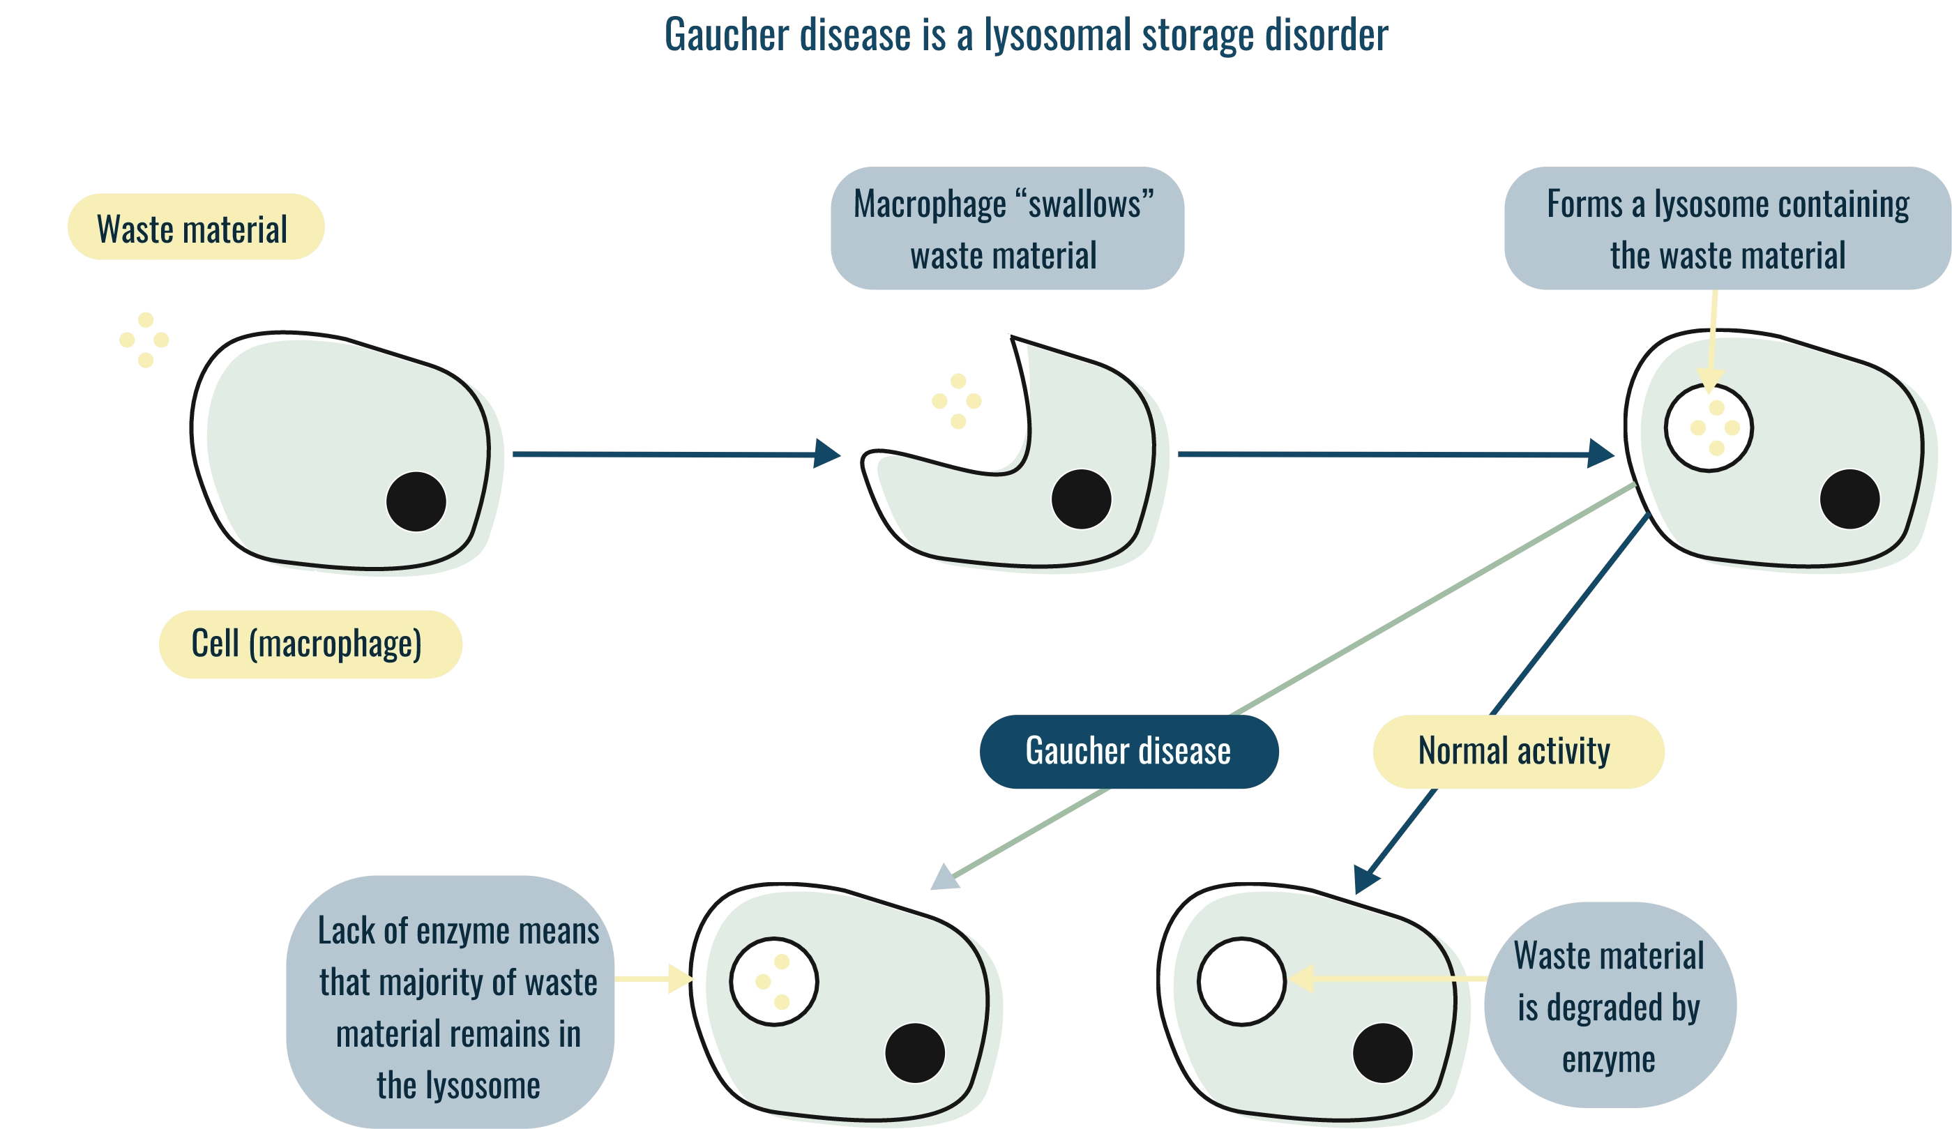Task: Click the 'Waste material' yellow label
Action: (x=195, y=227)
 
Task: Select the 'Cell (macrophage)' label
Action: (x=310, y=644)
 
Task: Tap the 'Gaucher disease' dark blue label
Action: (x=1128, y=751)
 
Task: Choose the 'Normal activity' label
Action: (x=1518, y=751)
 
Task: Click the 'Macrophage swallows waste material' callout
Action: (x=1006, y=229)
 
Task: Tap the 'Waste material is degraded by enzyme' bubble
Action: (x=1609, y=1005)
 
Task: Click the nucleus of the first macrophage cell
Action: (x=416, y=501)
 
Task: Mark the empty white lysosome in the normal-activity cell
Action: (x=1241, y=981)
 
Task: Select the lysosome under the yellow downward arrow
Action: (x=1708, y=427)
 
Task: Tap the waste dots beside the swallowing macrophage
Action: (x=958, y=401)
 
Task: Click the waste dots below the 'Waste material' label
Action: (x=145, y=340)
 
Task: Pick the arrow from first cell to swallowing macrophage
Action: (x=674, y=454)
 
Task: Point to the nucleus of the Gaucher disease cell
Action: (x=915, y=1052)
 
